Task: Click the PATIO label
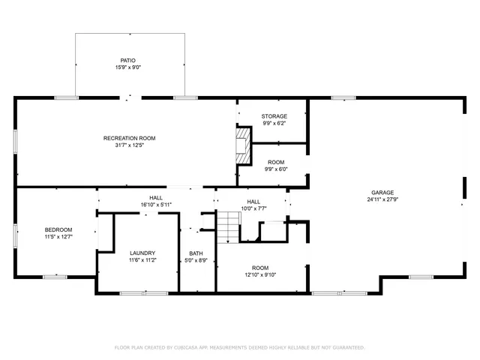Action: pyautogui.click(x=129, y=60)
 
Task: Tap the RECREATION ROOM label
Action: pyautogui.click(x=129, y=138)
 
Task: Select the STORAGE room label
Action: pyautogui.click(x=274, y=116)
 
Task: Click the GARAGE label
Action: pyautogui.click(x=382, y=192)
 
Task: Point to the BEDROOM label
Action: pyautogui.click(x=58, y=229)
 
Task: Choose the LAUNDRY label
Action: pyautogui.click(x=142, y=253)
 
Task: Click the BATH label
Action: pyautogui.click(x=196, y=253)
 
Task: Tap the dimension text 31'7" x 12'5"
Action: pyautogui.click(x=129, y=145)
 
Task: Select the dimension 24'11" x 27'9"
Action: pyautogui.click(x=382, y=199)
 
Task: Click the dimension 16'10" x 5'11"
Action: pyautogui.click(x=156, y=205)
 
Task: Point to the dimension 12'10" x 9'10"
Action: pyautogui.click(x=260, y=275)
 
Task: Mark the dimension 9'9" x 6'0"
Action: pyautogui.click(x=276, y=169)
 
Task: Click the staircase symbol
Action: pyautogui.click(x=227, y=223)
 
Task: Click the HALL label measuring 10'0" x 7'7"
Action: pyautogui.click(x=253, y=201)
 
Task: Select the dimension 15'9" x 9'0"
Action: pyautogui.click(x=129, y=67)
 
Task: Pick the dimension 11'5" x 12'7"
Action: pyautogui.click(x=58, y=237)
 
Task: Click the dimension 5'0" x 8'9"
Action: pyautogui.click(x=196, y=261)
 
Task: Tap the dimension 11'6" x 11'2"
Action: pyautogui.click(x=142, y=260)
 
